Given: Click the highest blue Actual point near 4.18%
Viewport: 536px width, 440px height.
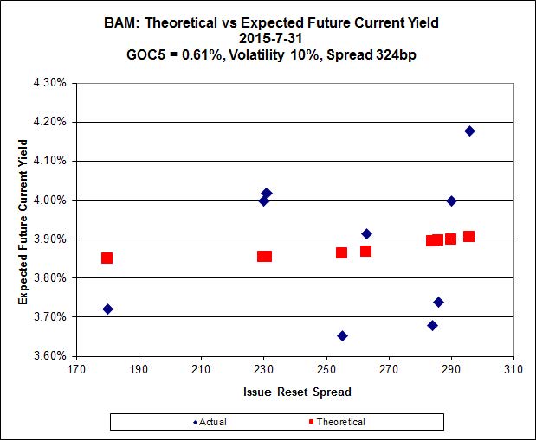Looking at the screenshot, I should coord(469,131).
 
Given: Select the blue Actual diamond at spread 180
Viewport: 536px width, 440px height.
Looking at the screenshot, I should coord(107,309).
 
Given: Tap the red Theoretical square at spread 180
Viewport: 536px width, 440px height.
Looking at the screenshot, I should coord(107,258).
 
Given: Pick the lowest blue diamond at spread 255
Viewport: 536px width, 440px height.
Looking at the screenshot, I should coord(342,335).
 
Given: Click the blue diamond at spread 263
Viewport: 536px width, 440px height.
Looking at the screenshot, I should coord(366,233).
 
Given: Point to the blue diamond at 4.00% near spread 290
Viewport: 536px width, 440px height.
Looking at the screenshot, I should coord(451,201).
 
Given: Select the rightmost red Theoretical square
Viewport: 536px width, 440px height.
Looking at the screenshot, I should coord(468,236).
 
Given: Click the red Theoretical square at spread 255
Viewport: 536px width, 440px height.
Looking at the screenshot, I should coord(342,252).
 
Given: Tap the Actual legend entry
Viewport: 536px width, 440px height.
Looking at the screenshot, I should coord(211,422).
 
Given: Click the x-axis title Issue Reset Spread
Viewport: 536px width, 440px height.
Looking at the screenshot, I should coord(294,392).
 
